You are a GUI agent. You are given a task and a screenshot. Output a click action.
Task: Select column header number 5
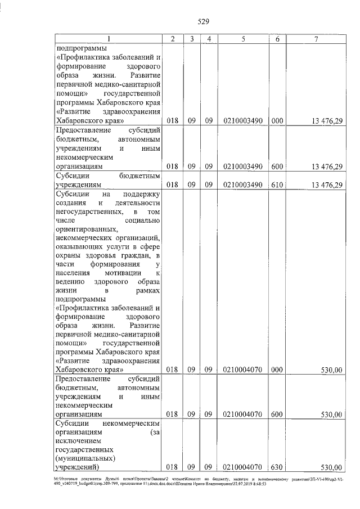tap(242, 39)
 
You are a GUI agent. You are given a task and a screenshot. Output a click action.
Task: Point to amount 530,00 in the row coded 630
tap(331, 467)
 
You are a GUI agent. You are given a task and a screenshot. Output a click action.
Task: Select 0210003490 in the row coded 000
tap(242, 120)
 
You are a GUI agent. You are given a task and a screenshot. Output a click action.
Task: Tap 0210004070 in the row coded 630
tap(242, 467)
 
